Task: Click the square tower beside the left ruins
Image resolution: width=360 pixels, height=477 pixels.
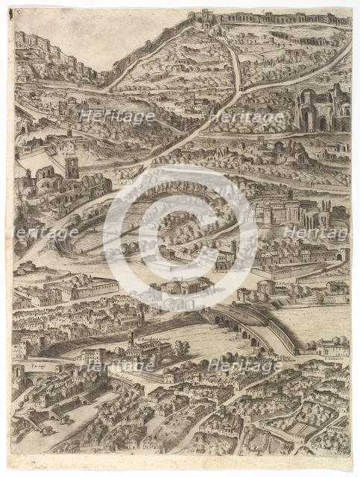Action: click(72, 167)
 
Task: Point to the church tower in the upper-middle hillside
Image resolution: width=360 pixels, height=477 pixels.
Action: click(192, 99)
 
